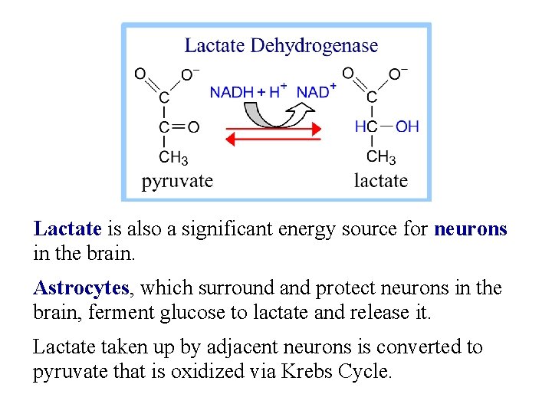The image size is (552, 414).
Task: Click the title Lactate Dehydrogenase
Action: point(281,46)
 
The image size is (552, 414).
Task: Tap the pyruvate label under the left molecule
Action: point(177,182)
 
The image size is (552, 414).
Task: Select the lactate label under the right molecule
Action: point(380,182)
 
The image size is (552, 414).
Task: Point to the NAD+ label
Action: point(316,91)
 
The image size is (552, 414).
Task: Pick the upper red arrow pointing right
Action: point(273,130)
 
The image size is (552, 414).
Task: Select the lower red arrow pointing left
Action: point(273,140)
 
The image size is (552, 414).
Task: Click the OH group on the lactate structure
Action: point(408,127)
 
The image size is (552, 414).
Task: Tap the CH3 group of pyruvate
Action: point(172,158)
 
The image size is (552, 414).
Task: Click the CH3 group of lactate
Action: point(381,158)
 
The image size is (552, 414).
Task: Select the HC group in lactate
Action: point(366,127)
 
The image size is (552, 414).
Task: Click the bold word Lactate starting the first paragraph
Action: point(67,228)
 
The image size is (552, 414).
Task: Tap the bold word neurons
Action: point(470,228)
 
